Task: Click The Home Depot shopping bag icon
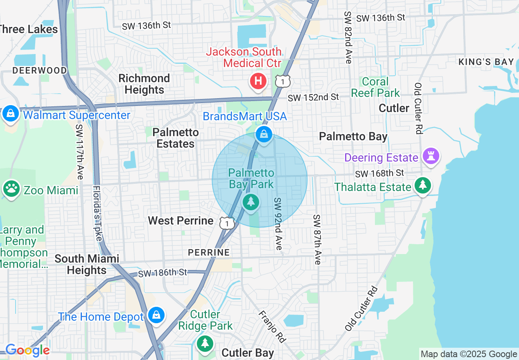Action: (156, 315)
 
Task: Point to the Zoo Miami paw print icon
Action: (11, 189)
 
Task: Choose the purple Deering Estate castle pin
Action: (431, 156)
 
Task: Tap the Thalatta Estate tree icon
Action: (423, 186)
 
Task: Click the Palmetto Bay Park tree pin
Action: (251, 202)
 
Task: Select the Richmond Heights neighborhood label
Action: (144, 84)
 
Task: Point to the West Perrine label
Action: (181, 221)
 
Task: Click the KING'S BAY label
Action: (486, 62)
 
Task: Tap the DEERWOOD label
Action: (39, 70)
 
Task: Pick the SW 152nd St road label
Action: (313, 97)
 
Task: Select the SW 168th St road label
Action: (379, 173)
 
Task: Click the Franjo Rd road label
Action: (271, 326)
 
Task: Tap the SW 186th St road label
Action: (162, 272)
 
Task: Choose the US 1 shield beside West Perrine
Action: (227, 223)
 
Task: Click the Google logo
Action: (27, 350)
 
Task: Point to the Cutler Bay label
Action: (248, 353)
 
